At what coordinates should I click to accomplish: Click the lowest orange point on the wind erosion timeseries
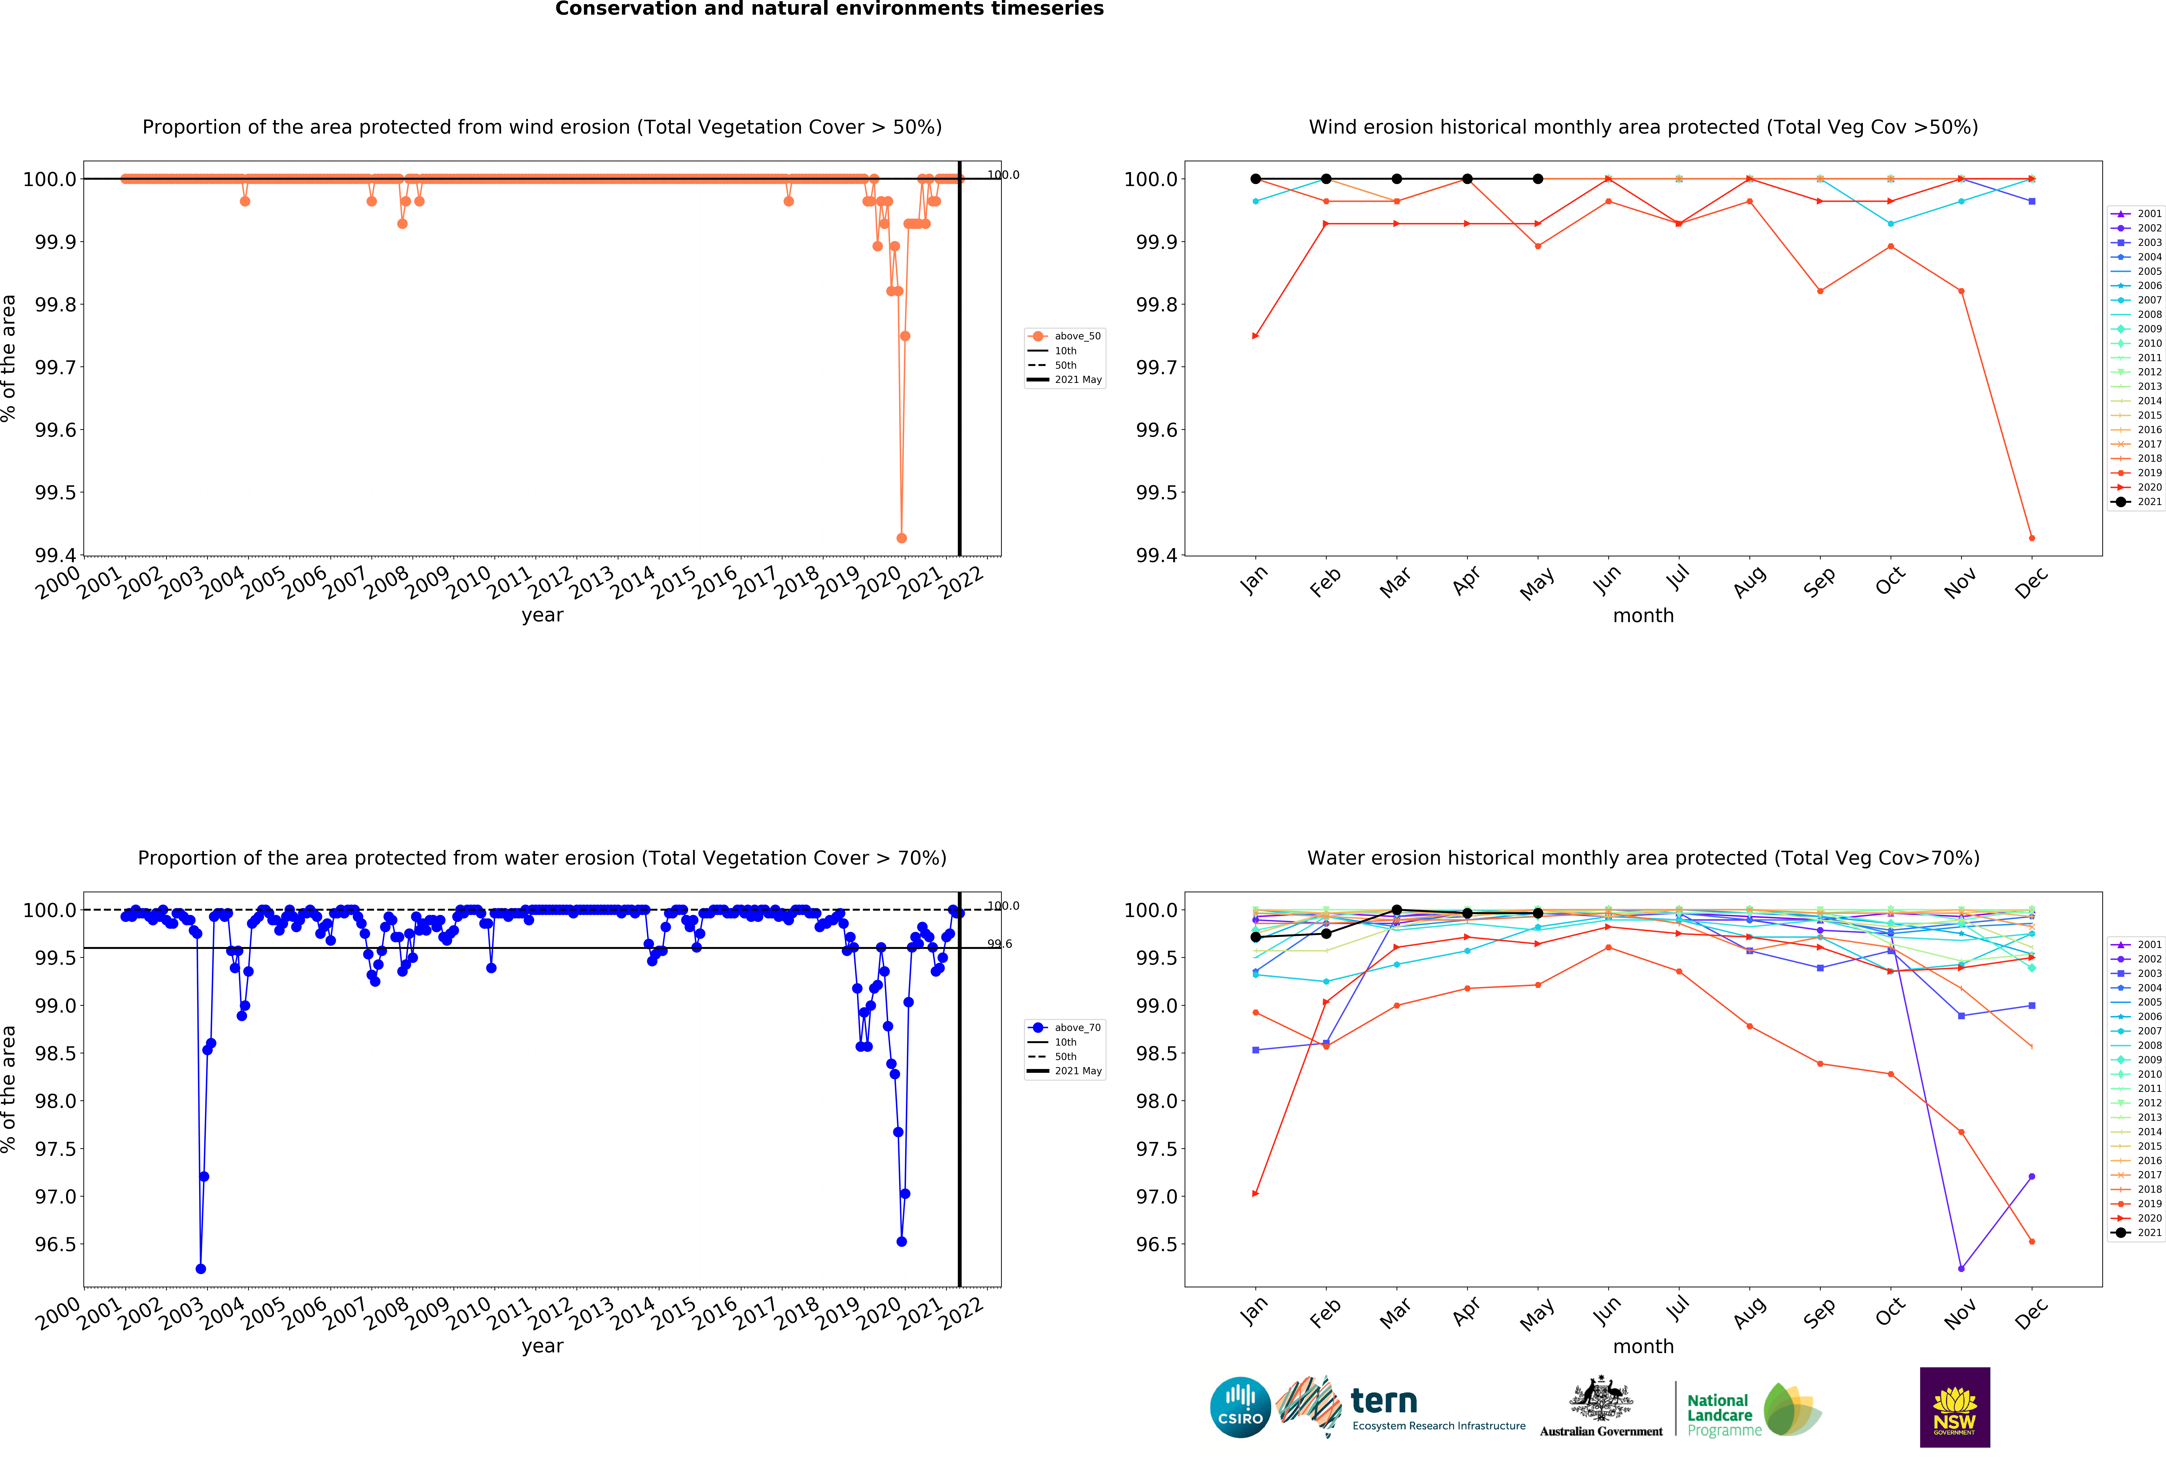[901, 538]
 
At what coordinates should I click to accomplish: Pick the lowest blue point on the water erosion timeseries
[200, 1268]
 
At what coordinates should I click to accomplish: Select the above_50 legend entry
[1076, 336]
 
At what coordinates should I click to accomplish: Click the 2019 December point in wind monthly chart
[2032, 538]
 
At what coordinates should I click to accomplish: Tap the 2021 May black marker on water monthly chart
[1538, 913]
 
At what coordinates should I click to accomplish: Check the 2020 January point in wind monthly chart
[1255, 336]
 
